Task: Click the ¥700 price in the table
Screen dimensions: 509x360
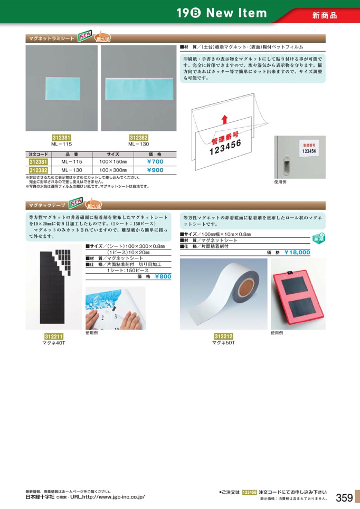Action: pyautogui.click(x=155, y=162)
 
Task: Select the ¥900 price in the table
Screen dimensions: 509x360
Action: pyautogui.click(x=155, y=170)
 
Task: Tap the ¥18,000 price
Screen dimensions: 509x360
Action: pyautogui.click(x=297, y=253)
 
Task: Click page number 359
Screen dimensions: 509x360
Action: pyautogui.click(x=344, y=497)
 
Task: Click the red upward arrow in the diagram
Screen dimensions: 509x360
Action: pyautogui.click(x=225, y=120)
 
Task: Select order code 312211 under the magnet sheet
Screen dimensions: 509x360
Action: pyautogui.click(x=54, y=336)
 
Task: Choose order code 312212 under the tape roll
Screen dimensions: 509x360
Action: pyautogui.click(x=224, y=336)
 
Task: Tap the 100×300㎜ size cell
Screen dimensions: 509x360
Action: pyautogui.click(x=113, y=170)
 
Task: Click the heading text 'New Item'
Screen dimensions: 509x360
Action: pyautogui.click(x=236, y=13)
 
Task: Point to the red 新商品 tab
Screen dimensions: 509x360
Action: pyautogui.click(x=325, y=15)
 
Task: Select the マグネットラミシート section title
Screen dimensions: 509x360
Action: pyautogui.click(x=51, y=39)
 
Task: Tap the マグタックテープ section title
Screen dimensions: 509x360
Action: pyautogui.click(x=48, y=205)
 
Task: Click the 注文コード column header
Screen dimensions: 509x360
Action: pyautogui.click(x=38, y=154)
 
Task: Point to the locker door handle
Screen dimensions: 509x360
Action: pyautogui.click(x=285, y=167)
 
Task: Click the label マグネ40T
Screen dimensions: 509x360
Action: pyautogui.click(x=53, y=343)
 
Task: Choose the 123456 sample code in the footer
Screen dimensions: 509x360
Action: pyautogui.click(x=249, y=492)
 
